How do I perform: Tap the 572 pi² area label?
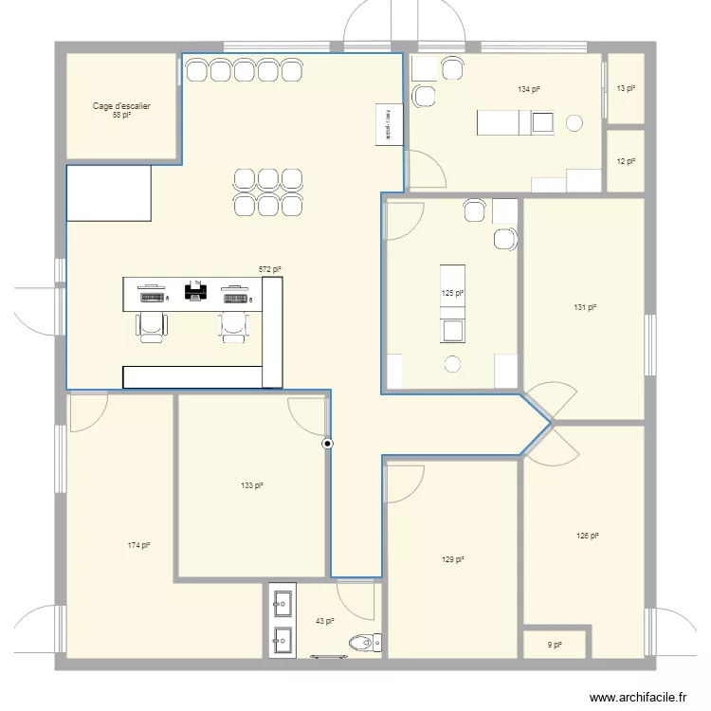(270, 270)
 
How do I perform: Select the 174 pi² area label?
(139, 545)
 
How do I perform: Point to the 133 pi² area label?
(251, 485)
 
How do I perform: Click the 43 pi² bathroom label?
(324, 622)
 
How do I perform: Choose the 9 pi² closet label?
(555, 646)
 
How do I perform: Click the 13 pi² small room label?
(626, 88)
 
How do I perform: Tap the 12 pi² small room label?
(626, 161)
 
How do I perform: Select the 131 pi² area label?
(585, 306)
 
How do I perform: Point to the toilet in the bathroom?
(364, 644)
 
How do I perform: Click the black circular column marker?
(328, 443)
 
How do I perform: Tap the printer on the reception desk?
(196, 290)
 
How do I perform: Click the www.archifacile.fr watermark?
(639, 696)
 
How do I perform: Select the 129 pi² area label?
(452, 559)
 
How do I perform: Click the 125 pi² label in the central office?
(452, 294)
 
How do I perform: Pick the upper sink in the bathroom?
(283, 600)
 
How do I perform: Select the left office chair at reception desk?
(152, 324)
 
